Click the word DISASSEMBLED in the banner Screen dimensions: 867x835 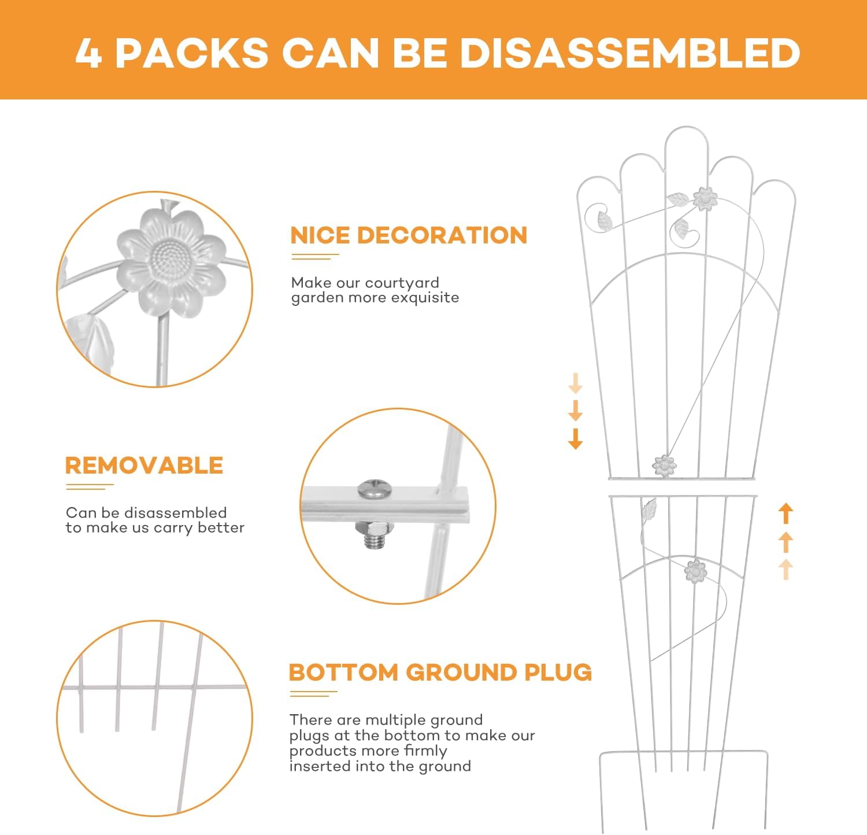[629, 53]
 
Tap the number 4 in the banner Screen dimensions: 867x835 [88, 53]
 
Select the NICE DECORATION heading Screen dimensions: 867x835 [409, 235]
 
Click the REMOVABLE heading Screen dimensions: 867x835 [144, 465]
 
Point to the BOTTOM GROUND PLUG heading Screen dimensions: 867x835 [440, 673]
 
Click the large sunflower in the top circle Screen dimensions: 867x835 [171, 264]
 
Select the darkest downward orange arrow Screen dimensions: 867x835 [575, 439]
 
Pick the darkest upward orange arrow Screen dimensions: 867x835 [786, 513]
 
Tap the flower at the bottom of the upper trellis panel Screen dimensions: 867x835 [664, 465]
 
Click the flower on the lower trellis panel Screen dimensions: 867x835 [695, 571]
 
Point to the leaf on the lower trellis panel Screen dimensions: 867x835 [650, 508]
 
